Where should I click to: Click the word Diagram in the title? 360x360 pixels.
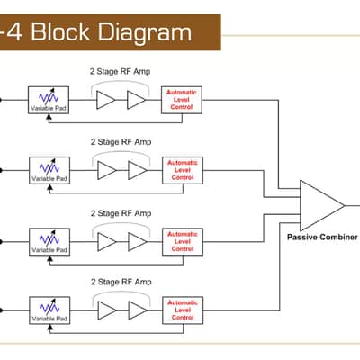[x=145, y=33]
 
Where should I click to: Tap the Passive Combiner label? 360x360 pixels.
[x=322, y=238]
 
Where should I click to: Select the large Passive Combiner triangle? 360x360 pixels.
[x=322, y=206]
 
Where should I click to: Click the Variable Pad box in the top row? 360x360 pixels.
[x=49, y=100]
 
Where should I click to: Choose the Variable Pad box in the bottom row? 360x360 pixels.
[x=49, y=310]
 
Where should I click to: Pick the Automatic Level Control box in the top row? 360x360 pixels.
[x=182, y=100]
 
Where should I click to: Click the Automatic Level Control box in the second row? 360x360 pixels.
[x=183, y=170]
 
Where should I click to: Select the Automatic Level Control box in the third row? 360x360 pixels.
[x=183, y=242]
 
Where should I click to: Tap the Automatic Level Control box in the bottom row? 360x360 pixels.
[x=183, y=310]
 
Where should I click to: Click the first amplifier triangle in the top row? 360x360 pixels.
[x=105, y=100]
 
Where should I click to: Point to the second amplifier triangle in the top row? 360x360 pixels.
[x=136, y=100]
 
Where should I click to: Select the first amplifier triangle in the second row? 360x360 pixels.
[x=106, y=170]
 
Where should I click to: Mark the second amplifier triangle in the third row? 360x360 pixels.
[x=137, y=242]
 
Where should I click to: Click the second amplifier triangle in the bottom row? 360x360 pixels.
[x=137, y=310]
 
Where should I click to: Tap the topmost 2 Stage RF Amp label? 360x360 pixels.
[x=120, y=71]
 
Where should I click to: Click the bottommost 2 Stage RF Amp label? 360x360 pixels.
[x=121, y=282]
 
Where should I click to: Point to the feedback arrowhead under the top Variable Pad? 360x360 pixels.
[x=49, y=117]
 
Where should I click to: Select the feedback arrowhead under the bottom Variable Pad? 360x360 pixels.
[x=50, y=328]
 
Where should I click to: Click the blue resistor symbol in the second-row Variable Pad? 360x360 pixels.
[x=49, y=167]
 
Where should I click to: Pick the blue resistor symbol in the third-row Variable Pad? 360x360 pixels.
[x=49, y=238]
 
